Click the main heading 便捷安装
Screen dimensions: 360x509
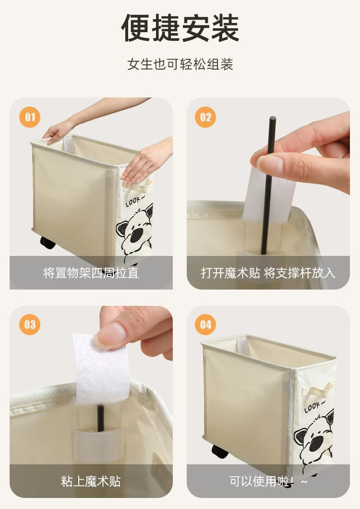coord(180,28)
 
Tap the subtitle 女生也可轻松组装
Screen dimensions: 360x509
coord(180,64)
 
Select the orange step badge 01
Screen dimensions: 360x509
coord(30,117)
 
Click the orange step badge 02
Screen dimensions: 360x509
coord(205,117)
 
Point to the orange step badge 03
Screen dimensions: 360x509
coord(30,325)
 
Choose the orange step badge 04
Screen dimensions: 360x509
coord(205,325)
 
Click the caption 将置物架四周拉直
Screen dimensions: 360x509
coord(91,273)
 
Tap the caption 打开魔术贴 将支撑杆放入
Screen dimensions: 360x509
coord(268,273)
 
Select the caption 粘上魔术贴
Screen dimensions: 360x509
coord(91,481)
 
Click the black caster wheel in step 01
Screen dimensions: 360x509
coord(48,242)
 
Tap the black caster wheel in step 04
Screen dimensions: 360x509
coord(220,451)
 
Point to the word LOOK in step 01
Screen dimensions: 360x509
coord(133,201)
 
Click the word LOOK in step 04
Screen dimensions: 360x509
coord(312,407)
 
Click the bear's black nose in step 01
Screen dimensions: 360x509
coord(137,235)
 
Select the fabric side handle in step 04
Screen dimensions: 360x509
coord(318,388)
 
